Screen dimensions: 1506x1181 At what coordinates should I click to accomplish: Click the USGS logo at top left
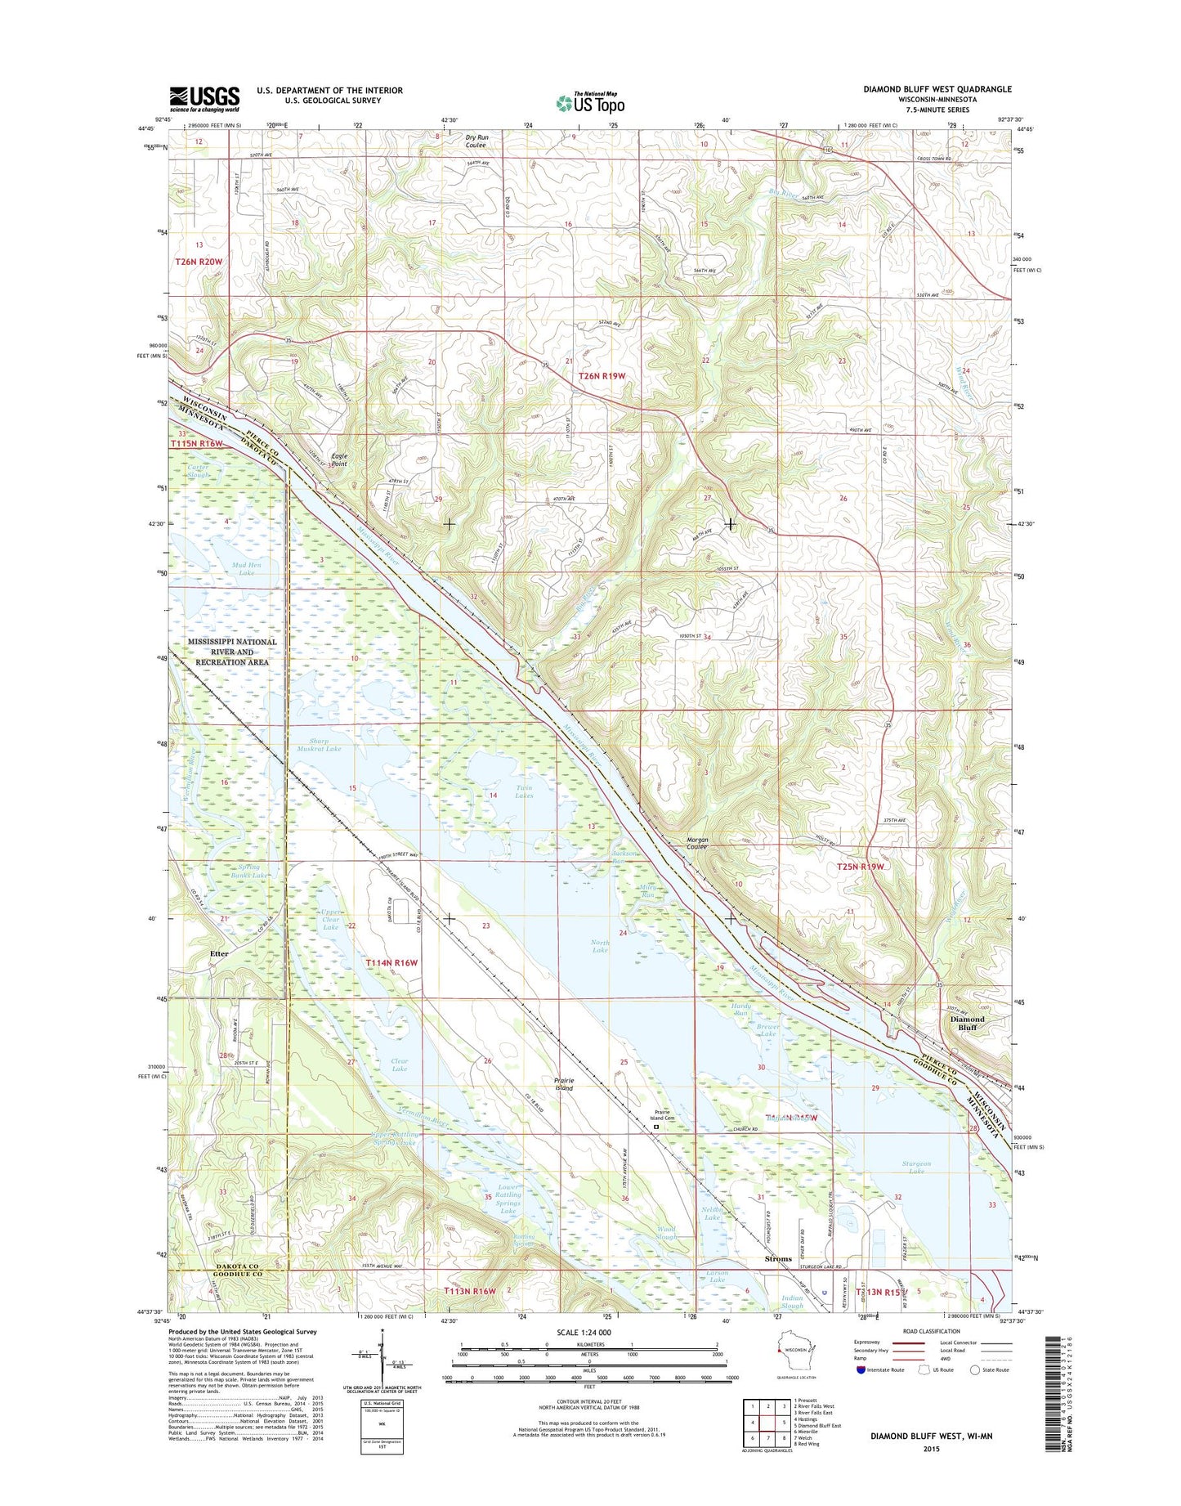204,98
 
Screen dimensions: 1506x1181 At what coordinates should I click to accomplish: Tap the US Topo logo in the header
590,102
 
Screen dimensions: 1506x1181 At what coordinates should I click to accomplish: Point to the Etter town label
219,953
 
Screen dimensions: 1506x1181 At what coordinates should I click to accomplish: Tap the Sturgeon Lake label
916,1167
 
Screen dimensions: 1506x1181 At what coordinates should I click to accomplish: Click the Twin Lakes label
524,791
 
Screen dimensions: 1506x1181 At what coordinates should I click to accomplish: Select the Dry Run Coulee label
476,141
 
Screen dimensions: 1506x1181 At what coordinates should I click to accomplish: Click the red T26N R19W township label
602,376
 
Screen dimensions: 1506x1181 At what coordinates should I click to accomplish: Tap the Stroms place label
778,1259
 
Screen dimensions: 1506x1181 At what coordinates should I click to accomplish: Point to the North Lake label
600,946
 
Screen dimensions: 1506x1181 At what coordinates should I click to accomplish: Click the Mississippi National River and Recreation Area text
232,652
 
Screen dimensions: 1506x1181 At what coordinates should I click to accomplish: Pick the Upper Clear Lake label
330,919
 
